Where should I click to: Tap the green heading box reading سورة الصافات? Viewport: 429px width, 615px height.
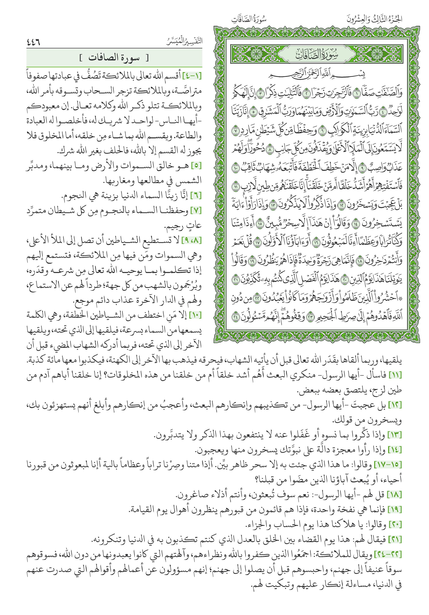[x=114, y=58]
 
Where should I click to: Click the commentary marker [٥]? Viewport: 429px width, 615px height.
[x=196, y=166]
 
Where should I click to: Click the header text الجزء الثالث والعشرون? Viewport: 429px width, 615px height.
[x=374, y=19]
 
